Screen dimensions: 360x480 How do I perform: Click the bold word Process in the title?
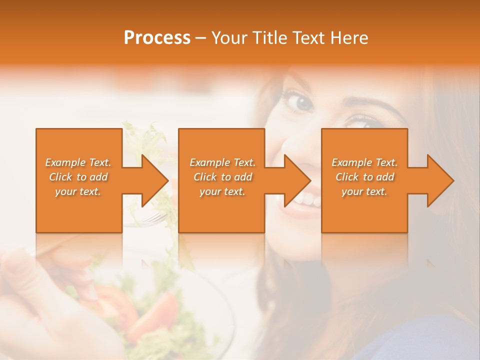(x=157, y=38)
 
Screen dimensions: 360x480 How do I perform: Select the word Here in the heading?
(x=349, y=38)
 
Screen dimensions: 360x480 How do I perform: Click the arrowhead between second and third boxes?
(x=297, y=180)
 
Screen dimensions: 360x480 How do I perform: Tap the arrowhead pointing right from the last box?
(x=440, y=180)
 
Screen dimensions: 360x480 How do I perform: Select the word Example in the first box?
(x=65, y=162)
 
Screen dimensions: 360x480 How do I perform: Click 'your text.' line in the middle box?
(x=222, y=191)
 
